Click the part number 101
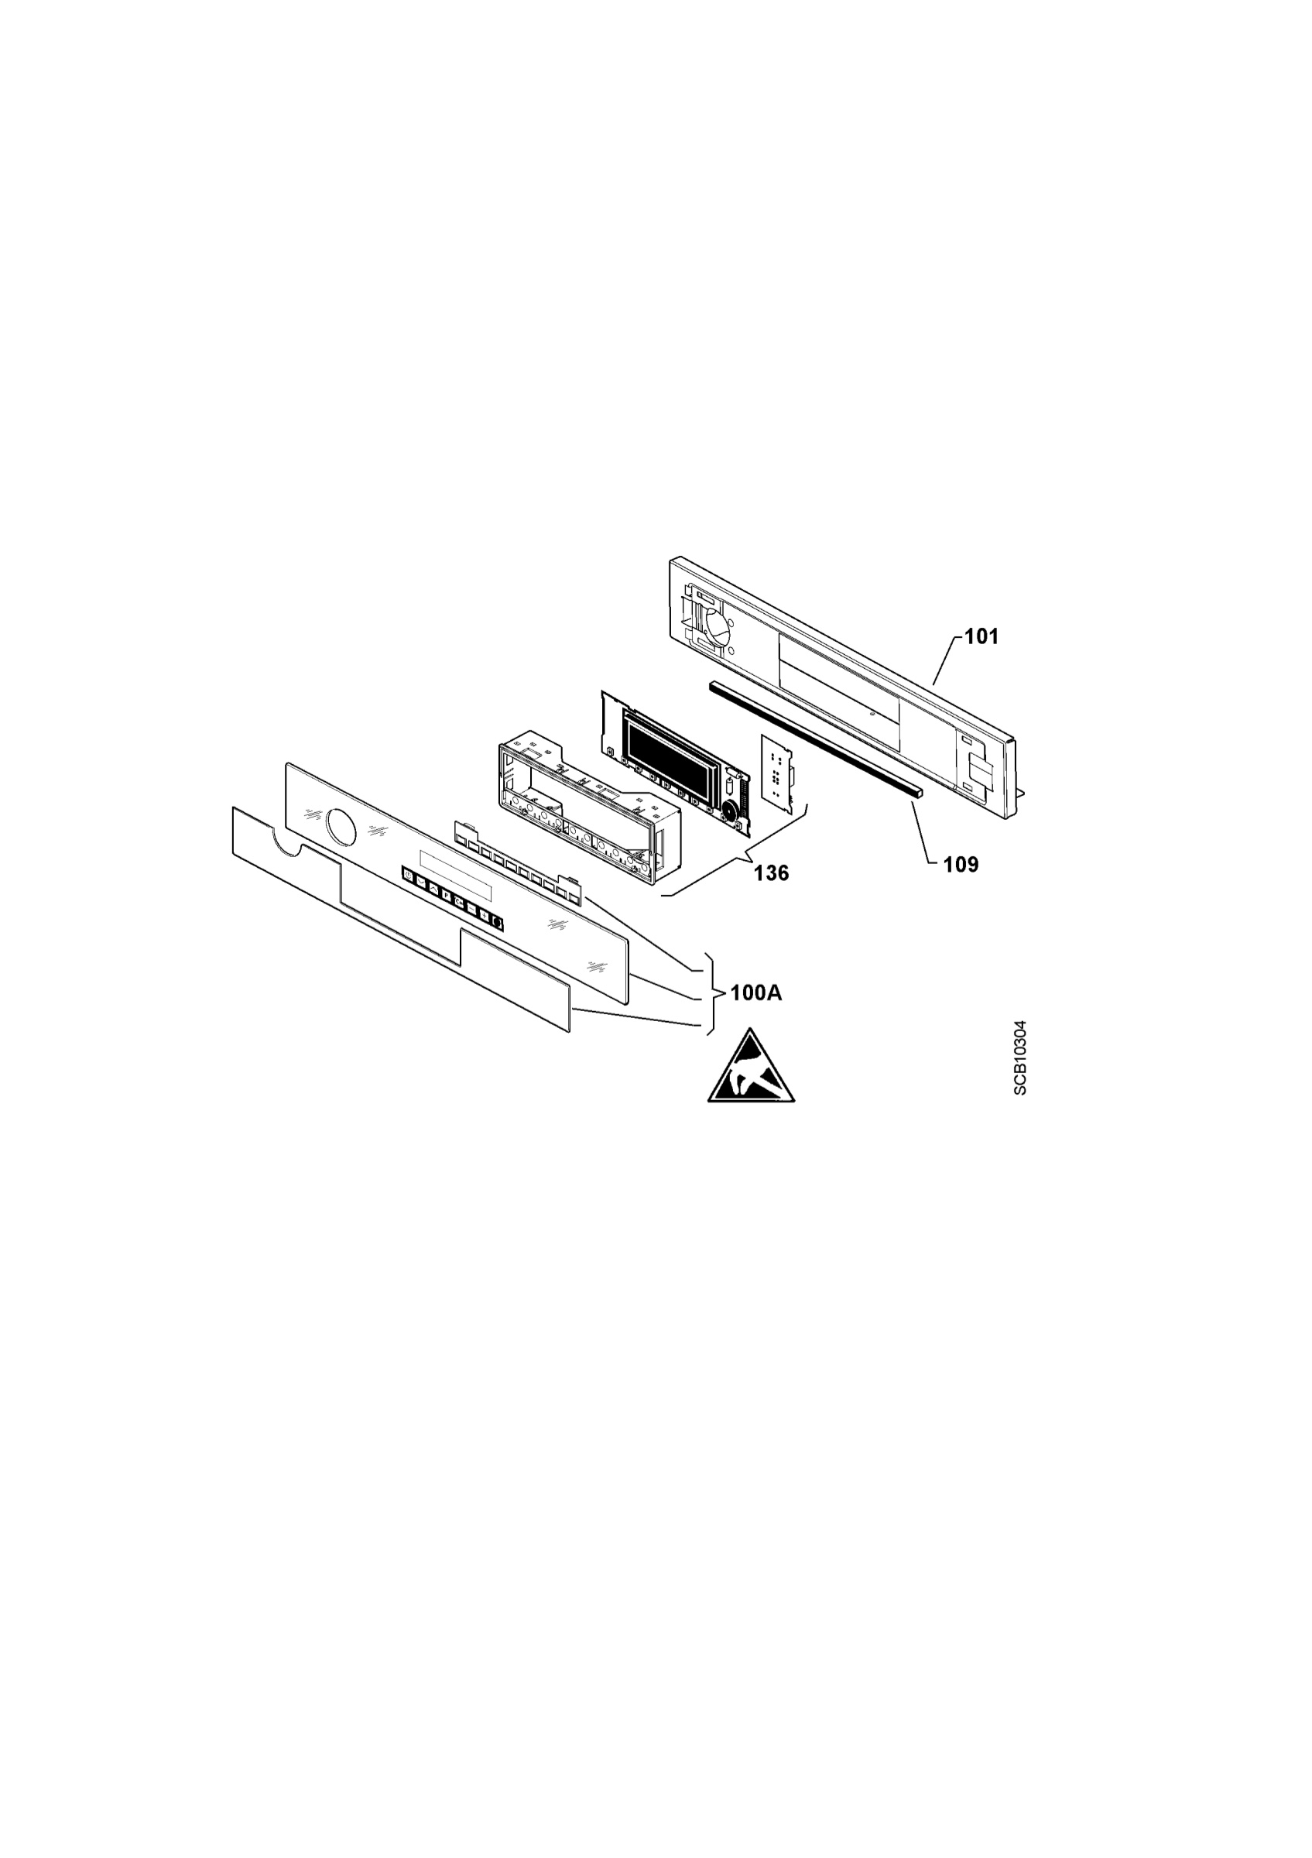click(x=982, y=637)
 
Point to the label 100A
click(x=756, y=993)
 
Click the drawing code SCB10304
click(x=1020, y=1058)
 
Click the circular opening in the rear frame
click(x=718, y=626)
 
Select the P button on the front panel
click(x=447, y=896)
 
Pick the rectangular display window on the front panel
click(x=455, y=875)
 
